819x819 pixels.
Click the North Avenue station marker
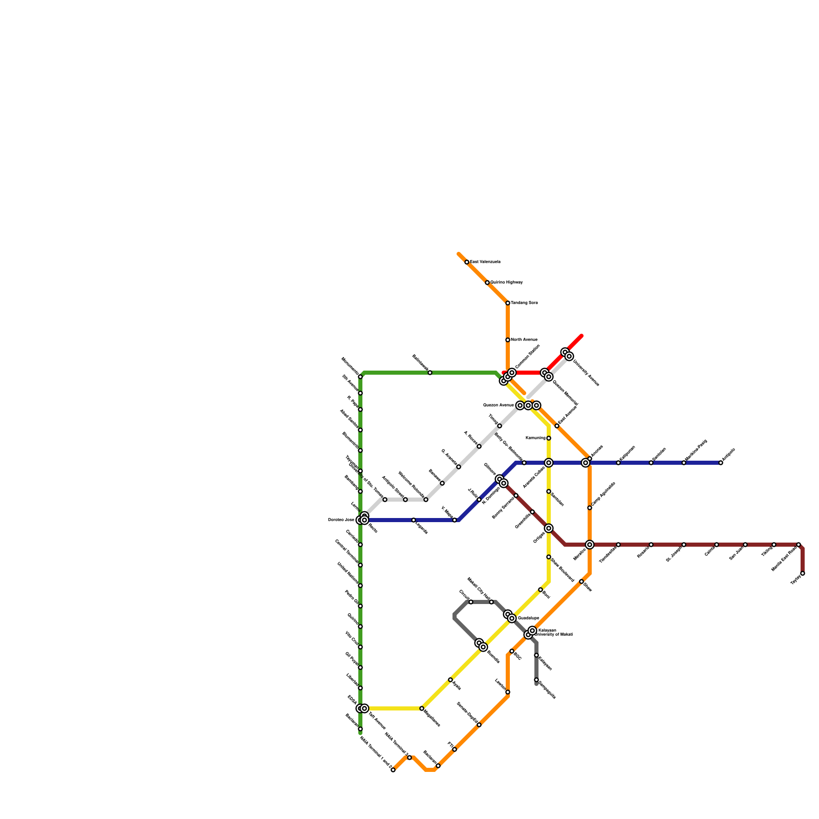coord(508,340)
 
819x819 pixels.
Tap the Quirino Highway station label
coord(506,283)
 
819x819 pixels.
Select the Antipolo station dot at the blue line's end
coord(721,463)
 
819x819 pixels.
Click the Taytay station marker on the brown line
coord(803,573)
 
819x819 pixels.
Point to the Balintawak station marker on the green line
coord(430,373)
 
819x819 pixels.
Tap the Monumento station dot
coord(360,377)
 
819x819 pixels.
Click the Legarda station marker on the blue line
coord(414,520)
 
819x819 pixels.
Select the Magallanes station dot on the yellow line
coord(422,708)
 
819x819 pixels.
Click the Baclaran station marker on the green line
coord(360,729)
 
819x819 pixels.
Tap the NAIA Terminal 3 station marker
coord(409,758)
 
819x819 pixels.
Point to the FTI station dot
coord(455,749)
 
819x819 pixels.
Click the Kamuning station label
coord(535,438)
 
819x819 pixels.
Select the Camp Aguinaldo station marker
coord(590,508)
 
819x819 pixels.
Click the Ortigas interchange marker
coord(549,528)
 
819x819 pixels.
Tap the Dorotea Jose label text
coord(341,520)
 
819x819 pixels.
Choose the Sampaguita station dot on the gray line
coord(536,680)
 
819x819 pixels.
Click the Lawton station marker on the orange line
coord(508,692)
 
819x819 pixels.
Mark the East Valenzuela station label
coord(485,262)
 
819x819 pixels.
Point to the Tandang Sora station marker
coord(508,303)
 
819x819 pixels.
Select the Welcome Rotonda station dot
coord(426,500)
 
